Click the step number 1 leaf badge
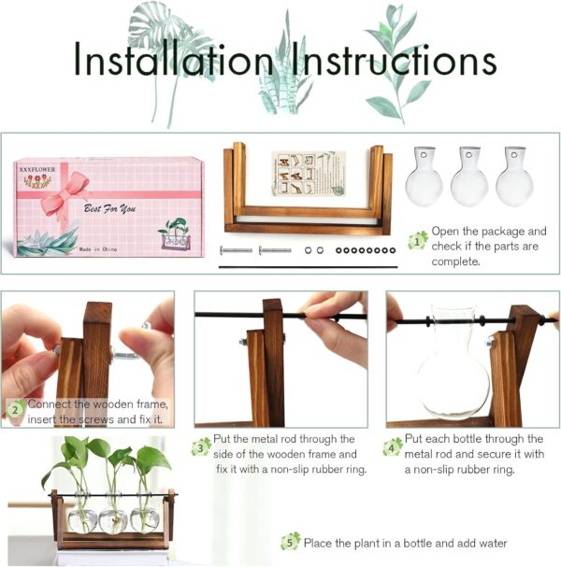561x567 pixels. pos(417,240)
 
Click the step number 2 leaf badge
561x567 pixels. pos(16,408)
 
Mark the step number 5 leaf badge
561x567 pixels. pos(291,542)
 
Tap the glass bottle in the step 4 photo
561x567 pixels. pos(454,369)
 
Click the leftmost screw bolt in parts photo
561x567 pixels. pos(236,250)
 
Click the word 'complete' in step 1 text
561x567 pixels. pos(457,262)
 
